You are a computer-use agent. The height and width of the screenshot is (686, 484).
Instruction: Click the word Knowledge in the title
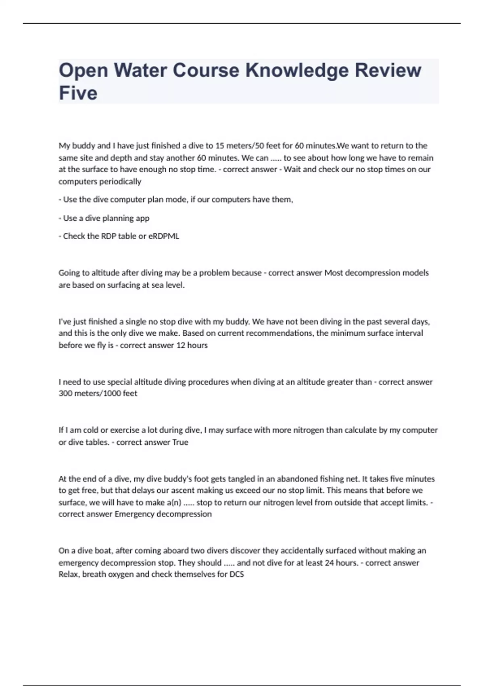pyautogui.click(x=297, y=71)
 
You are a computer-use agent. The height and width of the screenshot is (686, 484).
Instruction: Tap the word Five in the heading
pyautogui.click(x=78, y=93)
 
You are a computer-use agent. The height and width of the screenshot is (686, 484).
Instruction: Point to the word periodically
pyautogui.click(x=120, y=182)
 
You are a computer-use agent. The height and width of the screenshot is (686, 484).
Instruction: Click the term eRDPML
pyautogui.click(x=164, y=236)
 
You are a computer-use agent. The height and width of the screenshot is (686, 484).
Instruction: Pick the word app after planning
pyautogui.click(x=142, y=218)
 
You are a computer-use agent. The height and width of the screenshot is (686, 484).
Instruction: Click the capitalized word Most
pyautogui.click(x=333, y=273)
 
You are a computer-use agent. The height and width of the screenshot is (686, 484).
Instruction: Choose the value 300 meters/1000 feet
pyautogui.click(x=98, y=393)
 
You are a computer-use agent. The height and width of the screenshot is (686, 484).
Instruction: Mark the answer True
pyautogui.click(x=180, y=442)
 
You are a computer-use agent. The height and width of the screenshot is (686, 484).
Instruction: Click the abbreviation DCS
pyautogui.click(x=236, y=574)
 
